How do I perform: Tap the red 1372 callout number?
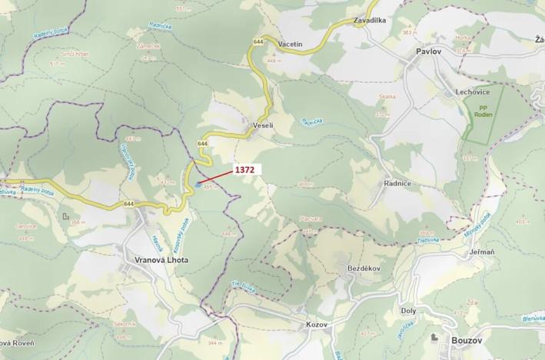click(x=245, y=168)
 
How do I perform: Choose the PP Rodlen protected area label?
click(x=483, y=111)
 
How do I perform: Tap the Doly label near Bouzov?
click(x=408, y=311)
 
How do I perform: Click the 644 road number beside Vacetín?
click(x=256, y=41)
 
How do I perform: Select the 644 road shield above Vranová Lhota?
click(x=128, y=205)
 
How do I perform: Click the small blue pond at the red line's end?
click(x=198, y=184)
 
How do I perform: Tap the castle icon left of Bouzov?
click(x=436, y=338)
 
